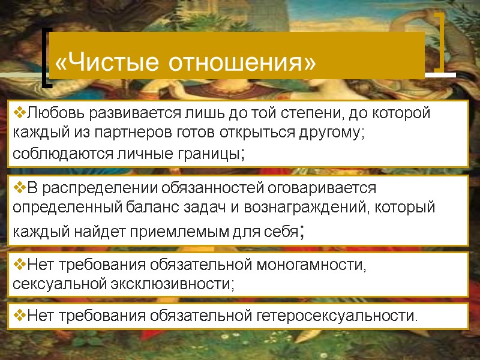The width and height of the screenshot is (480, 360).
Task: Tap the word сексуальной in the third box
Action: click(58, 284)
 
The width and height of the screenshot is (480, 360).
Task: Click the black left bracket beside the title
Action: click(47, 57)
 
